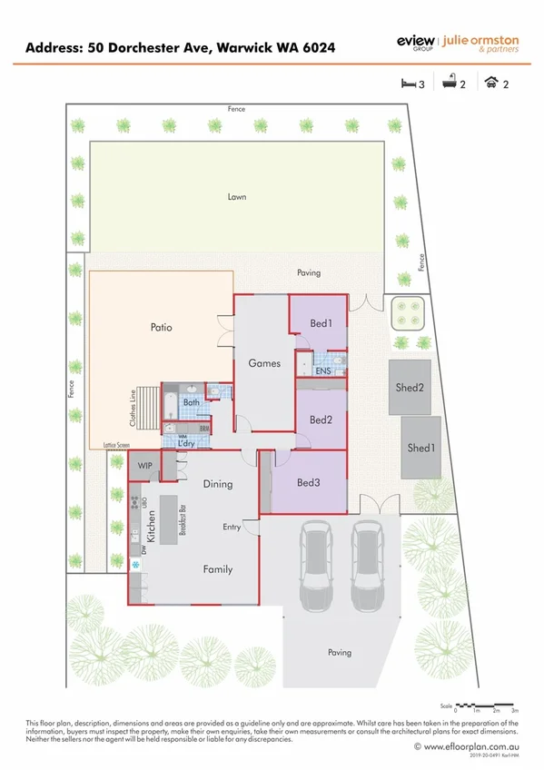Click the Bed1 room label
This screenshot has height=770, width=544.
(x=321, y=323)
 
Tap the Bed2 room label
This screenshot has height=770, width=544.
(x=321, y=420)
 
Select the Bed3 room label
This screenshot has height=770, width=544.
(x=308, y=482)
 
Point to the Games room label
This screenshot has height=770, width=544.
(x=263, y=363)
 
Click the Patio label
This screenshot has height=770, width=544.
(x=161, y=327)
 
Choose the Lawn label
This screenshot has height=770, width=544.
(x=237, y=196)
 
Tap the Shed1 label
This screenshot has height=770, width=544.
(x=420, y=448)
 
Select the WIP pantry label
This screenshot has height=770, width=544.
(x=144, y=466)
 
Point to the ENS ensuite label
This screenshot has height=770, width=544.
(x=322, y=371)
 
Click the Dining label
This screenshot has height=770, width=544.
(x=218, y=484)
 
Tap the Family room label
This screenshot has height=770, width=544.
(x=217, y=569)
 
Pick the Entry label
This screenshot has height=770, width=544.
(x=232, y=527)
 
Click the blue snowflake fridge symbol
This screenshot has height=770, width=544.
(x=137, y=566)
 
